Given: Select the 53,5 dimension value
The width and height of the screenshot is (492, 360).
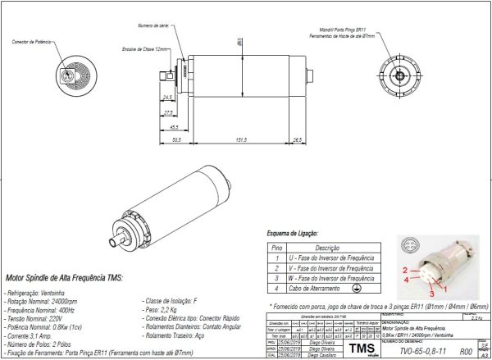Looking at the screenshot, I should coord(176,139).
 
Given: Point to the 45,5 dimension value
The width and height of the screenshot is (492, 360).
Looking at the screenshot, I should coord(175,127).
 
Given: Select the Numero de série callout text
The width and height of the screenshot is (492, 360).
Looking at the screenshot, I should coord(153,26).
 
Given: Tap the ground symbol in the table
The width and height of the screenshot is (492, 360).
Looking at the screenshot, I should coord(357,289).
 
